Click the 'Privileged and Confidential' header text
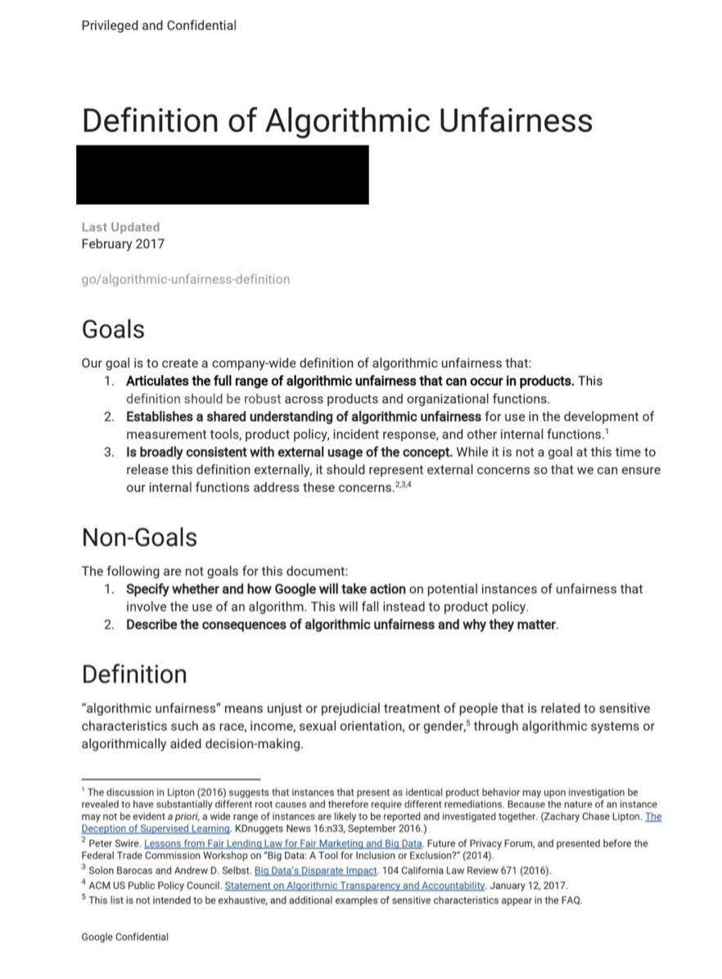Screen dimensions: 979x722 click(x=159, y=25)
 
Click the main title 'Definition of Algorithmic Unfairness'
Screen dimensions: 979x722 click(x=336, y=120)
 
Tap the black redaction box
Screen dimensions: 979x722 click(x=222, y=174)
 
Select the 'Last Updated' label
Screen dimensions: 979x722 click(x=120, y=227)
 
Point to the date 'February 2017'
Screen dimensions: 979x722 click(x=123, y=243)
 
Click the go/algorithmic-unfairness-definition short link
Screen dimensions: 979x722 click(x=185, y=279)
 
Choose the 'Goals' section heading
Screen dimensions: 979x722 click(x=113, y=330)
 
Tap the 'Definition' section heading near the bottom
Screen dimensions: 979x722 click(x=134, y=674)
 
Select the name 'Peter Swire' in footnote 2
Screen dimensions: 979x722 click(x=114, y=842)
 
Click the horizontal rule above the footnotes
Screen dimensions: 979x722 click(x=170, y=778)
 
